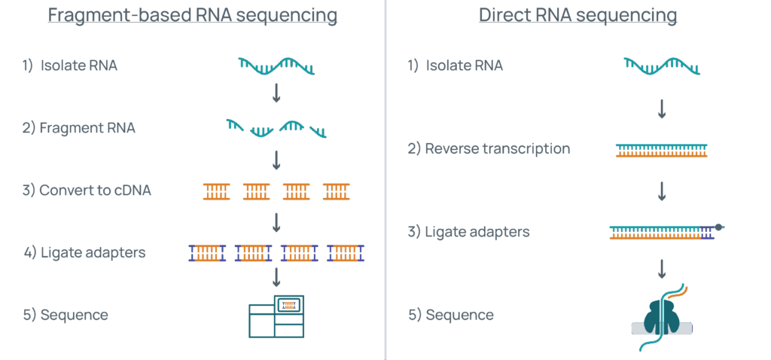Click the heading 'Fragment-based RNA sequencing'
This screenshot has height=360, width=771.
pyautogui.click(x=192, y=16)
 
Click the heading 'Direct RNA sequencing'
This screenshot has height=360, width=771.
pyautogui.click(x=577, y=16)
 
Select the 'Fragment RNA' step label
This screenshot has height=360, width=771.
pyautogui.click(x=79, y=128)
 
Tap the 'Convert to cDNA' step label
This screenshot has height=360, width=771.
pyautogui.click(x=87, y=191)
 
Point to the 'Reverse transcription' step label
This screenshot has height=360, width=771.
pyautogui.click(x=489, y=149)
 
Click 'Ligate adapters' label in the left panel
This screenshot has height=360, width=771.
pyautogui.click(x=84, y=253)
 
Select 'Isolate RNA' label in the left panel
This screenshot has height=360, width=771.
pyautogui.click(x=70, y=66)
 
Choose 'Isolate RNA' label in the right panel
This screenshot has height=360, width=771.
pyautogui.click(x=456, y=66)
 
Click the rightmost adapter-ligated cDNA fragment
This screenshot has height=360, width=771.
pyautogui.click(x=346, y=253)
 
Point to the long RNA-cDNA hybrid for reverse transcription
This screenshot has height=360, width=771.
pyautogui.click(x=662, y=150)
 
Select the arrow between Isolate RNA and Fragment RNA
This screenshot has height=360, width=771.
pyautogui.click(x=276, y=93)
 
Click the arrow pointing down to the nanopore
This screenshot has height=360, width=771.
pyautogui.click(x=662, y=268)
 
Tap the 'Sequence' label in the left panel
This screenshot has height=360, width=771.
pyautogui.click(x=66, y=315)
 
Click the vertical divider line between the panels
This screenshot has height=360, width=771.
pyautogui.click(x=385, y=180)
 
